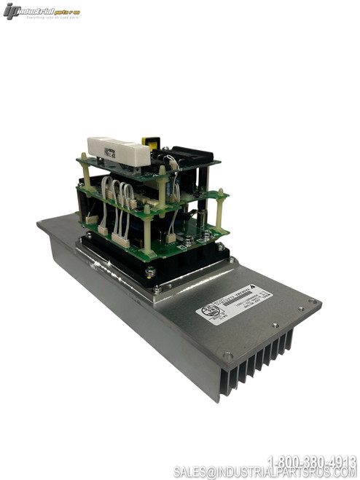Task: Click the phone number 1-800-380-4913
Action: pos(312,460)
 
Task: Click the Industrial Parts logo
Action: pos(41,11)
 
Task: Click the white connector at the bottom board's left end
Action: pos(91,219)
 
